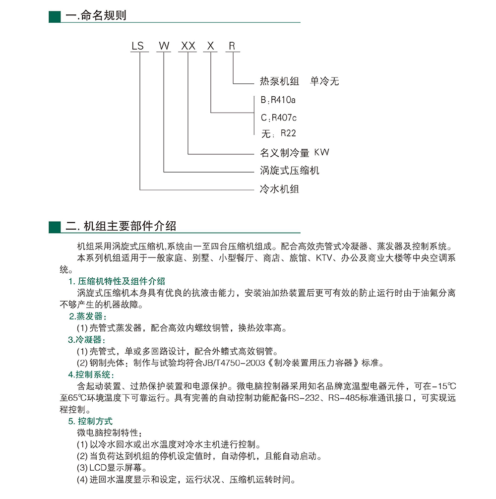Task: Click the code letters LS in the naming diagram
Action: [137, 46]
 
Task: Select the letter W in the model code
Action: [164, 46]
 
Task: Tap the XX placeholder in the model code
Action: [188, 46]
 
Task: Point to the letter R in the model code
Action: [232, 46]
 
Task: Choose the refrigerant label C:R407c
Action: [278, 118]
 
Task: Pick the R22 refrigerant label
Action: [288, 133]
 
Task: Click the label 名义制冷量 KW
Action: [295, 153]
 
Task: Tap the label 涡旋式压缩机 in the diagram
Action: [290, 171]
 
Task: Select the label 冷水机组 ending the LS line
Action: [280, 189]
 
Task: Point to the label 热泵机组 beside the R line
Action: [279, 81]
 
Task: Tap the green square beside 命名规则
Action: [54, 16]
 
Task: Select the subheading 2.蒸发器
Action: [87, 316]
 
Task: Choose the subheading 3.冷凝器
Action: [87, 340]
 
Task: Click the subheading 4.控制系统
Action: [91, 374]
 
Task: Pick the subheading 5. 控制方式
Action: [91, 421]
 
